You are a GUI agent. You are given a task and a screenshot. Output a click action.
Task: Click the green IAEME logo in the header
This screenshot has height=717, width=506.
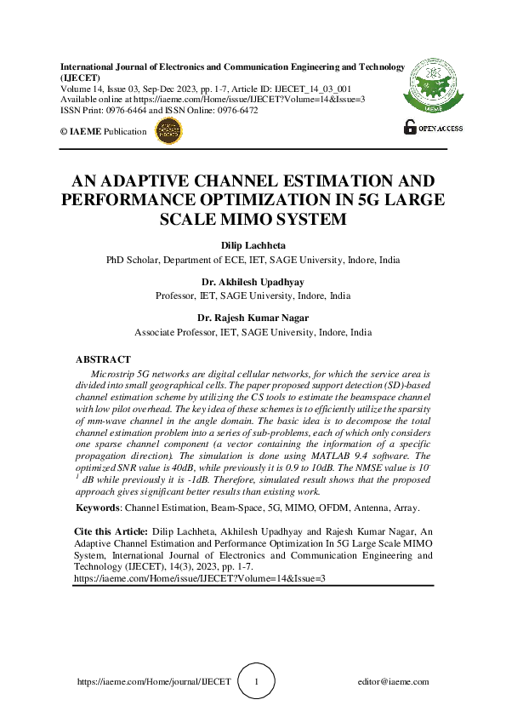click(433, 86)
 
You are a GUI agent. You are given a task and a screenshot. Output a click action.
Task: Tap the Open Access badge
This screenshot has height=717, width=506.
click(434, 127)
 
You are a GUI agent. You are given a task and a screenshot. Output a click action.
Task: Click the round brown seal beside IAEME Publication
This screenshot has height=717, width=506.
click(168, 130)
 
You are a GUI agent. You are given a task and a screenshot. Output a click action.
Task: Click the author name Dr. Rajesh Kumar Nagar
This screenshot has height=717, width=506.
click(253, 318)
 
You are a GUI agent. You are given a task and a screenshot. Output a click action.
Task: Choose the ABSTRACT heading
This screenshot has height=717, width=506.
click(103, 359)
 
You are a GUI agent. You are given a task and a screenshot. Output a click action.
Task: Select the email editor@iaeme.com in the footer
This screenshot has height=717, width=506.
click(393, 682)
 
